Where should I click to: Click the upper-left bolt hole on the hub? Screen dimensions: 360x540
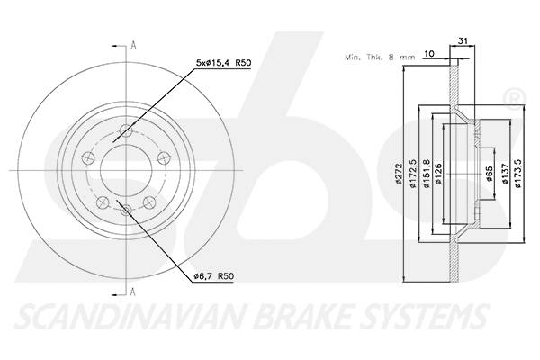coord(88,157)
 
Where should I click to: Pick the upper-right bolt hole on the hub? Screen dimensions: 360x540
coord(163,157)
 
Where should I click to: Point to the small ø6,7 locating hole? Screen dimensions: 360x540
coord(125,211)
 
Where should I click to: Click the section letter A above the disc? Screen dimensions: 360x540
coord(132,44)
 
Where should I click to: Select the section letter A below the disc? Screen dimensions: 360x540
coord(132,291)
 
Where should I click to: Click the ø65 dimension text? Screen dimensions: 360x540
coord(490,172)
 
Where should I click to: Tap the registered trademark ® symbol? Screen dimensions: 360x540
coord(512,95)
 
